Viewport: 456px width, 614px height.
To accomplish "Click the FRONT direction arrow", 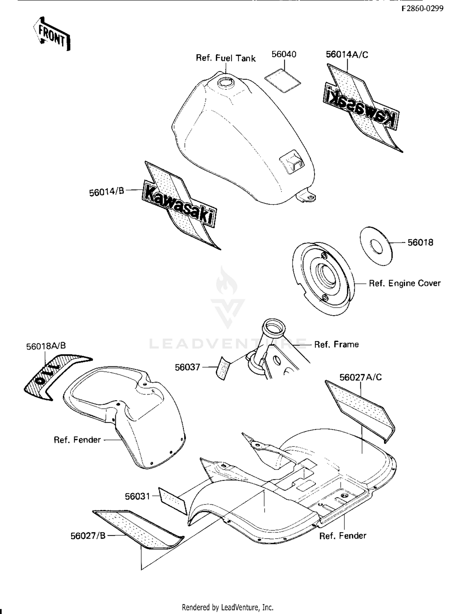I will [x=52, y=34].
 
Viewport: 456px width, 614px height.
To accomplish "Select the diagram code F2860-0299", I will [x=422, y=9].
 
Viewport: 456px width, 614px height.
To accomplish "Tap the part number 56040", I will [x=284, y=54].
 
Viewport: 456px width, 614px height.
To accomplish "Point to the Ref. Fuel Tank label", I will [x=226, y=58].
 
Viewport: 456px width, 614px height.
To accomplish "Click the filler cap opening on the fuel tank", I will [x=225, y=82].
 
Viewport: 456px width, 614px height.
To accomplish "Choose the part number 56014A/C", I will [x=347, y=55].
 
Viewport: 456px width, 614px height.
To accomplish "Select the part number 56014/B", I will [x=106, y=192].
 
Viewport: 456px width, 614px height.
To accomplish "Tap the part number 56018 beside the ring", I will [x=420, y=242].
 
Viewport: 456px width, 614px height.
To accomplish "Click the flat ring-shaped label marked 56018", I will [x=376, y=246].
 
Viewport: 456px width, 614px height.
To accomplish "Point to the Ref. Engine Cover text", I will [x=404, y=283].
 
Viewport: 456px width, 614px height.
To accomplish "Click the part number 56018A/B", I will [x=46, y=346].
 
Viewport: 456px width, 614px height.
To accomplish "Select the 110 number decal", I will [x=55, y=376].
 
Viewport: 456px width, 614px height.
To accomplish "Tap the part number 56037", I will [x=187, y=367].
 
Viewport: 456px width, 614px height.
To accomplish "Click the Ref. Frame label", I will [x=336, y=344].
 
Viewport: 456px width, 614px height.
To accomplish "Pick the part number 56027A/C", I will [x=361, y=377].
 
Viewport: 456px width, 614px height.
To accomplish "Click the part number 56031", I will [x=137, y=496].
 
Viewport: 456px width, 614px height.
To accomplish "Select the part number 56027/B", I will [x=88, y=536].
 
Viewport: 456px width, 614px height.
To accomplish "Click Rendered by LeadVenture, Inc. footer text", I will [x=227, y=607].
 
